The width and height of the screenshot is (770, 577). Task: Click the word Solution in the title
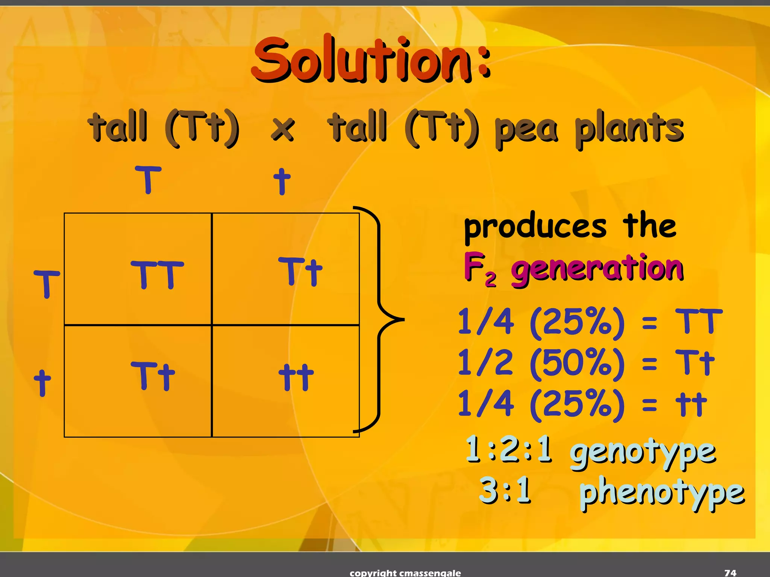361,60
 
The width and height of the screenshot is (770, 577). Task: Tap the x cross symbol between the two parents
283,128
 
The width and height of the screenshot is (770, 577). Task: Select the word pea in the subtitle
526,130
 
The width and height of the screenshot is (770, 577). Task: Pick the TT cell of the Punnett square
157,275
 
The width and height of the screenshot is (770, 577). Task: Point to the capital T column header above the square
148,180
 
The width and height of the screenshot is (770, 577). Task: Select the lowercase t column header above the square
282,181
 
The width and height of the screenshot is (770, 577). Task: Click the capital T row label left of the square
47,284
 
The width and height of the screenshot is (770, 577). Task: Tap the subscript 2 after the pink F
490,280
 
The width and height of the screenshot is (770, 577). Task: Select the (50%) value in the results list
577,363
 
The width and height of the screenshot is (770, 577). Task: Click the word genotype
642,453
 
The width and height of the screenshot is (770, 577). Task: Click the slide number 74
730,572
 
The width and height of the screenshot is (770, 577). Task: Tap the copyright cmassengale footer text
405,573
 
